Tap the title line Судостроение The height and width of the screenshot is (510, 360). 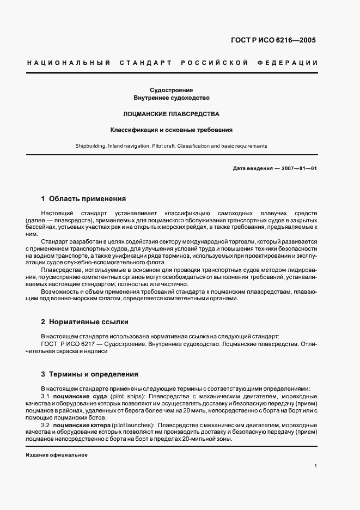coord(172,89)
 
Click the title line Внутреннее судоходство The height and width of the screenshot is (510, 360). coord(172,98)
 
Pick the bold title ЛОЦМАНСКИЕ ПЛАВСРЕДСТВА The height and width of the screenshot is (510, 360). coord(172,114)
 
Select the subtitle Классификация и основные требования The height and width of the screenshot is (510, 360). coord(172,130)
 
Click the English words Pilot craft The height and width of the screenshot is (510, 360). coord(179,146)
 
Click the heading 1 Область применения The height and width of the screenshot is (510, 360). coord(83,199)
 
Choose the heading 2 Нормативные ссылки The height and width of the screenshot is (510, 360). coord(84,322)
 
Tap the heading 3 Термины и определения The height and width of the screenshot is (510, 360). coord(90,374)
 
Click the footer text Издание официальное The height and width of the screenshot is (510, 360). coord(57,455)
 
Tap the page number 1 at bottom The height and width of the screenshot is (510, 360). coord(315,466)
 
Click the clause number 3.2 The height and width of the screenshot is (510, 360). coord(45,424)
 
